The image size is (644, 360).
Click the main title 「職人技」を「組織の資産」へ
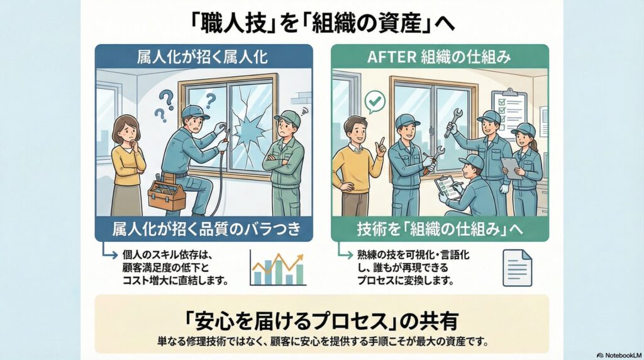(321, 23)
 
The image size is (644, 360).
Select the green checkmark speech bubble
(375, 100)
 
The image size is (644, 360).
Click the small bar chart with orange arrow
(277, 267)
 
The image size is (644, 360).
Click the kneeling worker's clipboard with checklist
(447, 186)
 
